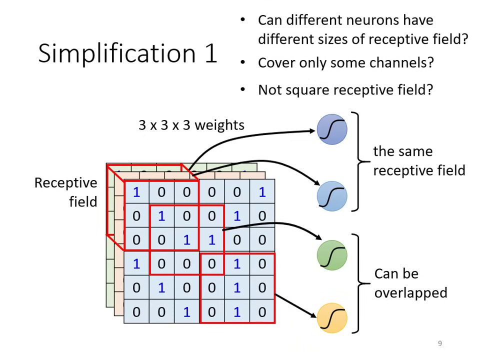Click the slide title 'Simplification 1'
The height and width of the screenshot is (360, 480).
pos(127,53)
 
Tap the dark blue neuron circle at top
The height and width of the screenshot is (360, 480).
pos(332,129)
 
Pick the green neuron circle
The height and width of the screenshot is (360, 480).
pos(332,255)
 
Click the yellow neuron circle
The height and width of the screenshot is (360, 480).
pos(332,317)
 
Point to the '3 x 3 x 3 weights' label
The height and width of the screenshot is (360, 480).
pos(191,125)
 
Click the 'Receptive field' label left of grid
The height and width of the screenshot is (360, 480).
pos(65,192)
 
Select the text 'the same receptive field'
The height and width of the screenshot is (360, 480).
pos(418,161)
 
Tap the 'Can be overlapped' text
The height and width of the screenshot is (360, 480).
pos(410,283)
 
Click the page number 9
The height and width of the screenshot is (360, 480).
pos(440,343)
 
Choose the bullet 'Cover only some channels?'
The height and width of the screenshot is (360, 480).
pos(345,63)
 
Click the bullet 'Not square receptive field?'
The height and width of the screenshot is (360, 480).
pos(345,90)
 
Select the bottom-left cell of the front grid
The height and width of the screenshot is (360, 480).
pos(136,312)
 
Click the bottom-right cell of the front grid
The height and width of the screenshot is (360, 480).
pos(262,312)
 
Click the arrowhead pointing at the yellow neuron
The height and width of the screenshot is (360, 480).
pos(313,315)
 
